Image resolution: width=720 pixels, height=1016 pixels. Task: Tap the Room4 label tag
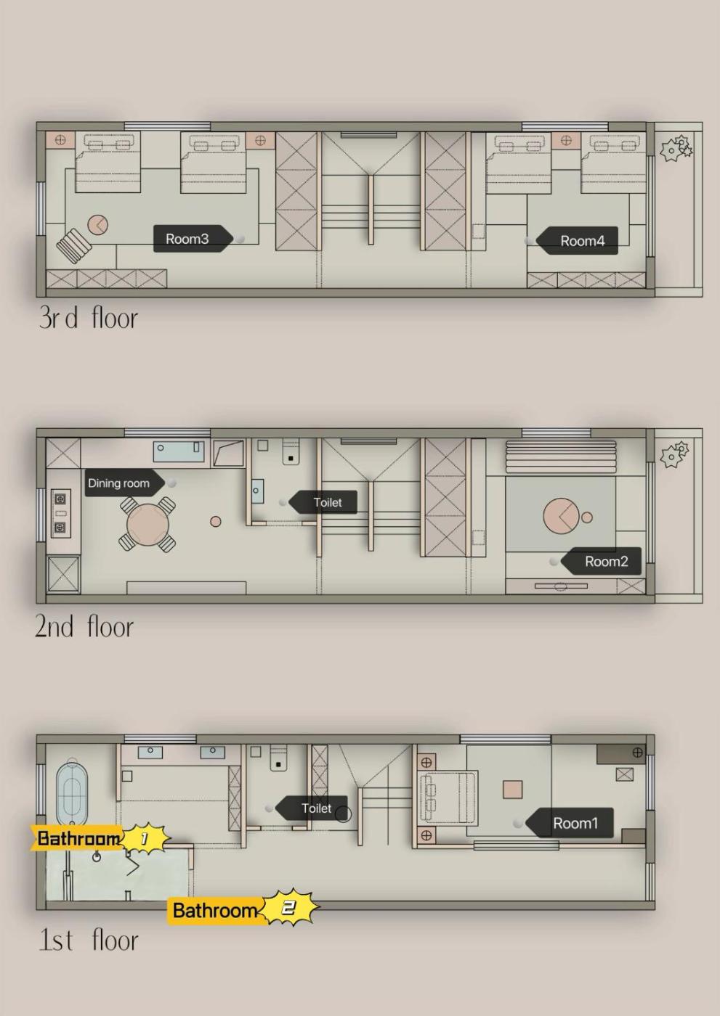[x=577, y=240]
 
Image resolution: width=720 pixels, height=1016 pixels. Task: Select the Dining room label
[x=125, y=483]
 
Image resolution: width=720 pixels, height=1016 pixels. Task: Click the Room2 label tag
[x=601, y=562]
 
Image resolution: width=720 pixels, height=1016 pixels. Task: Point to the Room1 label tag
[x=570, y=823]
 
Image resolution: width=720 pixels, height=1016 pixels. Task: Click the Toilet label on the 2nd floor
[x=323, y=502]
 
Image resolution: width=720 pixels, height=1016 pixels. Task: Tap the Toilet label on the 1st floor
[x=312, y=808]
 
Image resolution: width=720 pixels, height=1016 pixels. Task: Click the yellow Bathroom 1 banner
[x=100, y=837]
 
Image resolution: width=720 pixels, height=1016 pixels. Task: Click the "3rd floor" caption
[x=88, y=318]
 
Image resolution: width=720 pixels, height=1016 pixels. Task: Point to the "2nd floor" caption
[x=84, y=626]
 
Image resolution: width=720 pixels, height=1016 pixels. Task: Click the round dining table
[x=147, y=525]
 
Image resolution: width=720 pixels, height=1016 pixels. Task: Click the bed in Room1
[x=449, y=797]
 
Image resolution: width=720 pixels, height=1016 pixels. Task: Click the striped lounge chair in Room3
[x=74, y=245]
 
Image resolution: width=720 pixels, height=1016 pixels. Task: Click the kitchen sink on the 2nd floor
[x=179, y=451]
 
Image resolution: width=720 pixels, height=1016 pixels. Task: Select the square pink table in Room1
[x=512, y=790]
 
